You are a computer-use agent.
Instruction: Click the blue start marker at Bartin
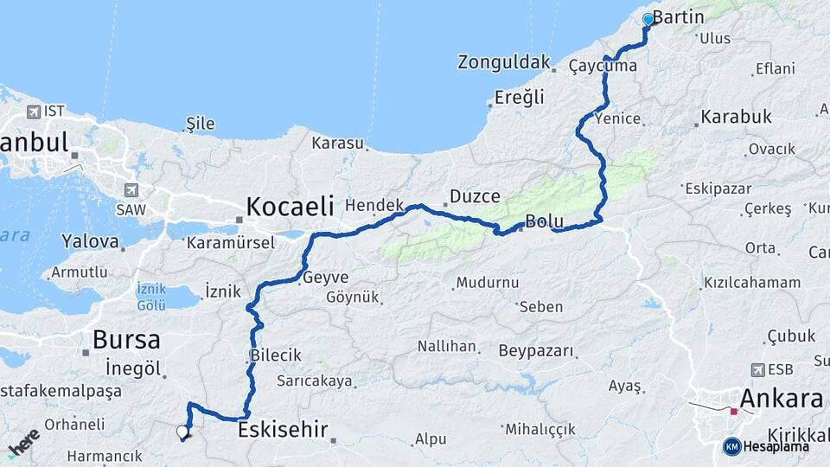[x=648, y=19]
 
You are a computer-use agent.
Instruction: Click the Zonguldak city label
[x=504, y=62]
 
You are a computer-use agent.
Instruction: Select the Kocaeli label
[x=290, y=206]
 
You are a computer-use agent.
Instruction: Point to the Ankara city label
[x=781, y=400]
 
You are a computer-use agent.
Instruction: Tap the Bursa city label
[x=125, y=338]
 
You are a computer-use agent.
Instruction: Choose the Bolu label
[x=544, y=221]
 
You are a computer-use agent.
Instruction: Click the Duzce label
[x=475, y=197]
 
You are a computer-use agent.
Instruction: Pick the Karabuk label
[x=736, y=116]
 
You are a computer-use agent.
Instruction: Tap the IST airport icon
[x=34, y=111]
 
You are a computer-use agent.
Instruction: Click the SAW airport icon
[x=131, y=189]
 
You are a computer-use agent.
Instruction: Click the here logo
[x=23, y=442]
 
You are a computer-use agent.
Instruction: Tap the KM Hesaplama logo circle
[x=732, y=446]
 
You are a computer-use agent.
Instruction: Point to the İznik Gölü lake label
[x=150, y=297]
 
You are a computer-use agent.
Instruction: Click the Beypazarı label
[x=536, y=350]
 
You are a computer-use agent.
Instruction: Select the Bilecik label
[x=275, y=355]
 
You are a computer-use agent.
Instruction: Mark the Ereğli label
[x=519, y=97]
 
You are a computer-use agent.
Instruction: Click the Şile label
[x=200, y=124]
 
